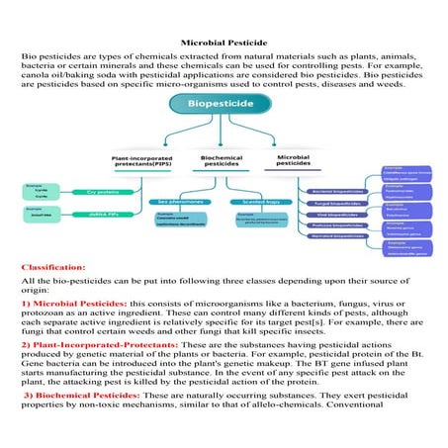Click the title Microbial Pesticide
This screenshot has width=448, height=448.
point(224,44)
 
